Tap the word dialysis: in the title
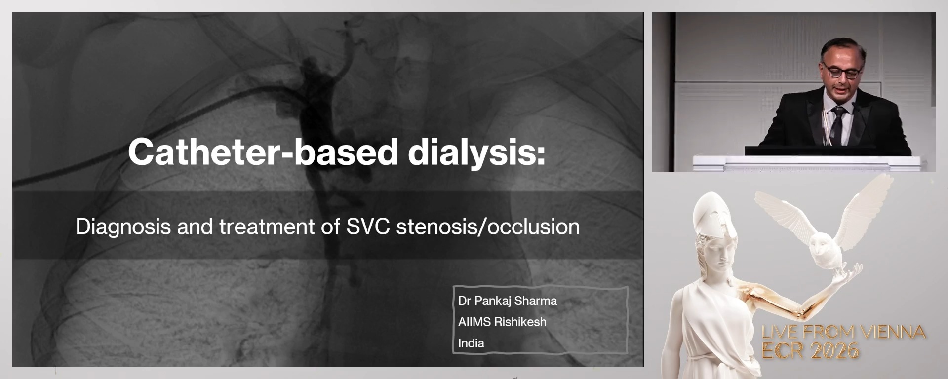(476, 152)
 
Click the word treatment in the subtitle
(267, 227)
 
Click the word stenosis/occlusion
(488, 227)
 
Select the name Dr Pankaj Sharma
(507, 301)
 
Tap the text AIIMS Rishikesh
(502, 322)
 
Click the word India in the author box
(471, 343)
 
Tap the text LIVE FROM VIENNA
(843, 332)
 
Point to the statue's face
(722, 252)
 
